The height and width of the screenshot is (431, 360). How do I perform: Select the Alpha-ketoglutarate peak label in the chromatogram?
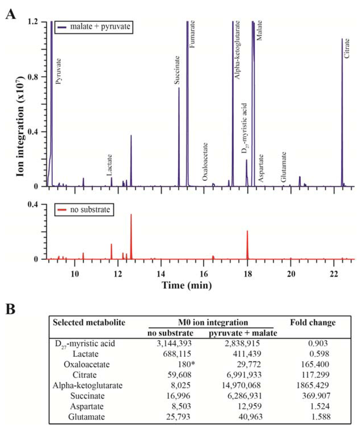tap(237, 49)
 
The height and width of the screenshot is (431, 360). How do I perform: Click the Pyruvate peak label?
tap(58, 71)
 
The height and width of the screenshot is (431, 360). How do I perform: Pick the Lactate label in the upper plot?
tap(109, 165)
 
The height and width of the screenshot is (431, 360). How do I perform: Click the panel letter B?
tap(12, 309)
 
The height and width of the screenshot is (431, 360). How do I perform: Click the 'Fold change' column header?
tap(313, 322)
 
